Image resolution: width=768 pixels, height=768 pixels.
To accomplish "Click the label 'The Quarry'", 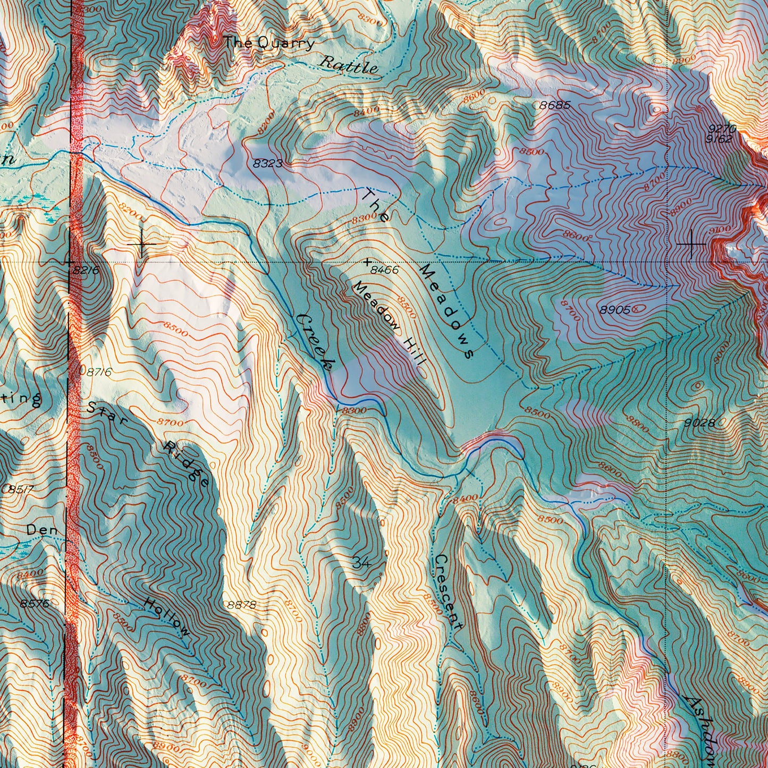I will point(269,43).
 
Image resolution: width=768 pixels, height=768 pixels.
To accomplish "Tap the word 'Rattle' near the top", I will point(348,64).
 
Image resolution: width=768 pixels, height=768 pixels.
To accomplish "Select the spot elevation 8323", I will point(267,164).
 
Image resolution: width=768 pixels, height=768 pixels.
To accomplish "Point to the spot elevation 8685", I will point(555,105).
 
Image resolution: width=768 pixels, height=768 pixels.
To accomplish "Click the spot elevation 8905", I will point(615,309).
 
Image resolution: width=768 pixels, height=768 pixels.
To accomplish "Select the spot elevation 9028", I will point(700,423).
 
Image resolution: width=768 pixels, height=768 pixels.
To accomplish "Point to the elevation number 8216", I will point(86,271).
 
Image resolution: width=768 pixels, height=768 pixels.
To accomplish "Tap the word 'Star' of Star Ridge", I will point(108,416).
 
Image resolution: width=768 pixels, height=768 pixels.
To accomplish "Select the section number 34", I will point(361,563).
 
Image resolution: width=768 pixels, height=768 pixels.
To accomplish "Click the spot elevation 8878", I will point(241,605).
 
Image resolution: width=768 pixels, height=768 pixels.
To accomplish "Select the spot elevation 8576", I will point(35,603).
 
